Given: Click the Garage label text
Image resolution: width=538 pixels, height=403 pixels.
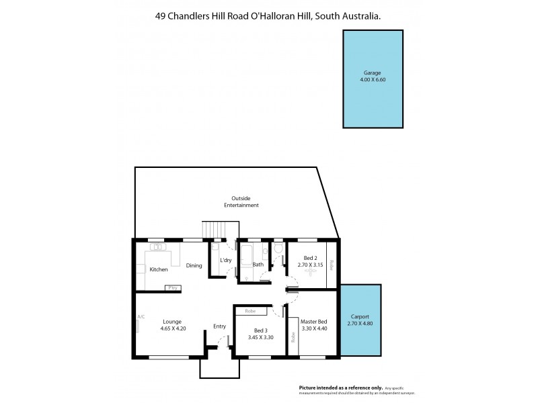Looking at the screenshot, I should click(x=373, y=73).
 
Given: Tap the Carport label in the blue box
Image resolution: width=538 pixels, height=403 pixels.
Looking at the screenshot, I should click(x=360, y=316).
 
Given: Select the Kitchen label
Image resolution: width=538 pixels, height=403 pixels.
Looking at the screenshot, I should click(x=159, y=269).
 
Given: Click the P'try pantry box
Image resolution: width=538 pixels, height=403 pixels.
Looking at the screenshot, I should click(x=172, y=287).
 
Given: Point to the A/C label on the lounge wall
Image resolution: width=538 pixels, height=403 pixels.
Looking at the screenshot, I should click(x=141, y=317).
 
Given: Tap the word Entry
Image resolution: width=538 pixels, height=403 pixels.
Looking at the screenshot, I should click(x=220, y=326).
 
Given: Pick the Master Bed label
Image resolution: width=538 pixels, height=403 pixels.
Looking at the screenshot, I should click(x=313, y=322).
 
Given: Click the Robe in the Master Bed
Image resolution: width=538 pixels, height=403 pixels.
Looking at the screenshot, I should click(x=293, y=338).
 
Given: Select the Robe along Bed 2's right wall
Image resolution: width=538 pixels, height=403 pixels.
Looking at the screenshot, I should click(x=331, y=265).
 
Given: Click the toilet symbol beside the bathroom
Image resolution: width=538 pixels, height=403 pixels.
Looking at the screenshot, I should click(x=277, y=249).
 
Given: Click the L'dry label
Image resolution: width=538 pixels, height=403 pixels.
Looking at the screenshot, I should click(x=225, y=261).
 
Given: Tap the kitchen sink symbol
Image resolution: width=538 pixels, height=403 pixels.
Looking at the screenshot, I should click(x=158, y=247).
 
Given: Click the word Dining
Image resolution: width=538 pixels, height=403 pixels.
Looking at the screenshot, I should click(x=194, y=265).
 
